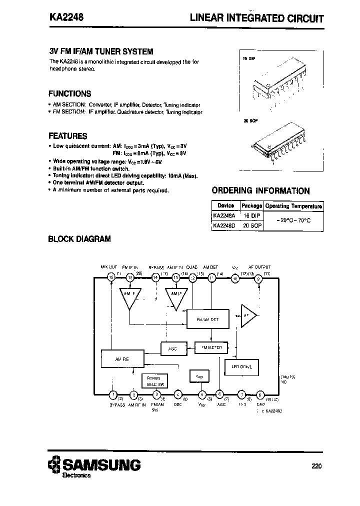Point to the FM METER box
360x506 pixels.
pyautogui.click(x=211, y=347)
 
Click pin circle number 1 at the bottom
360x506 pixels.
pyautogui.click(x=113, y=394)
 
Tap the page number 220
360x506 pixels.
pyautogui.click(x=316, y=466)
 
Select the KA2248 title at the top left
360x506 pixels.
pyautogui.click(x=66, y=16)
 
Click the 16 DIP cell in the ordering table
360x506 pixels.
pyautogui.click(x=251, y=215)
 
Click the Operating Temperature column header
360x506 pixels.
pyautogui.click(x=293, y=206)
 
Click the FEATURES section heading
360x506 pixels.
pyautogui.click(x=67, y=135)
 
